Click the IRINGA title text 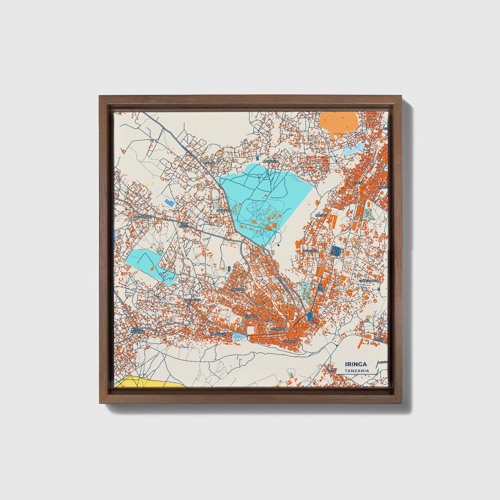(x=356, y=364)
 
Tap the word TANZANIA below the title (x=356, y=371)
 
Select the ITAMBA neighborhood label (x=210, y=163)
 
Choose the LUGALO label (x=321, y=215)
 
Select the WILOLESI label (x=310, y=251)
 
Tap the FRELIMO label (x=238, y=289)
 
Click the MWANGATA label (x=192, y=300)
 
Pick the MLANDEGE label (x=218, y=334)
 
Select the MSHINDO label (x=278, y=328)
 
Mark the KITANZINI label (x=290, y=341)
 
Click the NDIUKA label (x=378, y=340)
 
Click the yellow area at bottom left (x=145, y=381)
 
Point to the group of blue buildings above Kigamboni (x=169, y=202)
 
